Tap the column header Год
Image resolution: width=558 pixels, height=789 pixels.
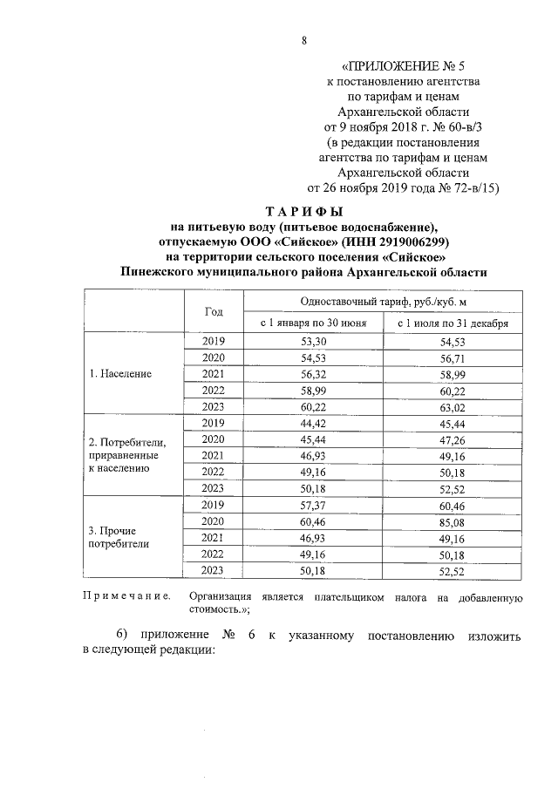[214, 312]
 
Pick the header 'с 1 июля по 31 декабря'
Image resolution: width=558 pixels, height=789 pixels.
[453, 323]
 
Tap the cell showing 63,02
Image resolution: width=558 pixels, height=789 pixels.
[453, 406]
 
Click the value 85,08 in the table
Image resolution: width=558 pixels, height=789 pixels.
[453, 520]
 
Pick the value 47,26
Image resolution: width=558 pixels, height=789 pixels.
[453, 439]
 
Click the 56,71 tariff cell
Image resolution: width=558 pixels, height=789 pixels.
[453, 357]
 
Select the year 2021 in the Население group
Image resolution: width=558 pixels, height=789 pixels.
[214, 374]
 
